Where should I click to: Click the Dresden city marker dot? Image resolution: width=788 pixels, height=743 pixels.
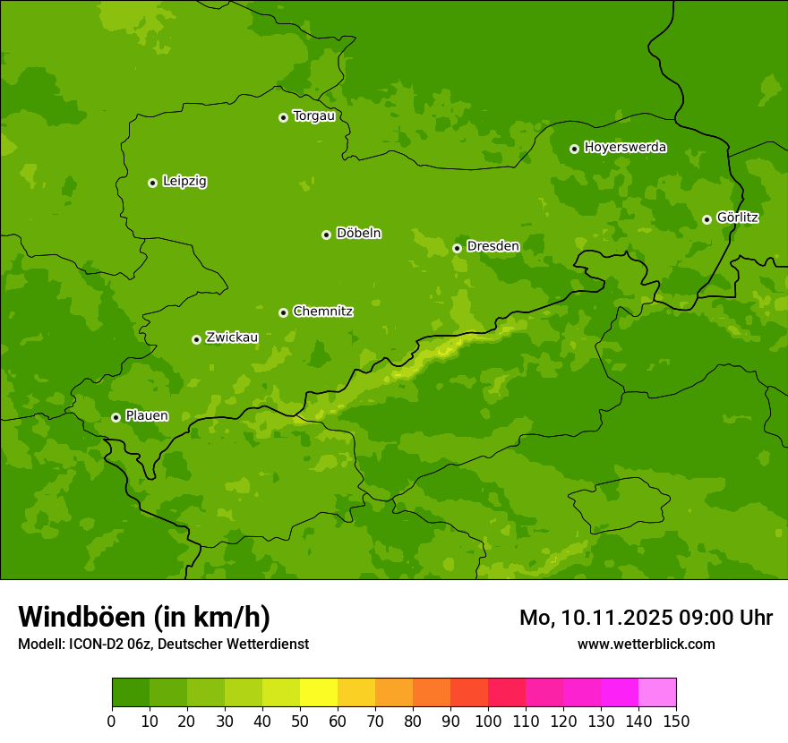(457, 248)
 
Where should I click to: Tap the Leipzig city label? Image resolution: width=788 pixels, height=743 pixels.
(184, 182)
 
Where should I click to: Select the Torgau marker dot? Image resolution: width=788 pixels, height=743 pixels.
(283, 117)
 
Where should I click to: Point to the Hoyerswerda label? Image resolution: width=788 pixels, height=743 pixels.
(625, 148)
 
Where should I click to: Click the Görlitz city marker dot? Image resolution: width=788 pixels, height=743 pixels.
(707, 219)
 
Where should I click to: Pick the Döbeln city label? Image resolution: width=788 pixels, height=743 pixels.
(358, 234)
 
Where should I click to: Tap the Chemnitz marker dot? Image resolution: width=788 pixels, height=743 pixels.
(283, 312)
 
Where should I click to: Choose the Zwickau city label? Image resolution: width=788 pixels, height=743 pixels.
(232, 338)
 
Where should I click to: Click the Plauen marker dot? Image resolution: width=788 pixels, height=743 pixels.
(116, 417)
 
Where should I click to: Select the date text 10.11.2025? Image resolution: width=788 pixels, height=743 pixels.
(619, 618)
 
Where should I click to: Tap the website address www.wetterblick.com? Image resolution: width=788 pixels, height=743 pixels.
(646, 645)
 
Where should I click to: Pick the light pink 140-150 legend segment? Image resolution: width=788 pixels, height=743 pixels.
(657, 693)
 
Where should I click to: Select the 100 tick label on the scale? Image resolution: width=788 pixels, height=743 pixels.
(488, 721)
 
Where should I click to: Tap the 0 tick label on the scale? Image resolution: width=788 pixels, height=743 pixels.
(112, 721)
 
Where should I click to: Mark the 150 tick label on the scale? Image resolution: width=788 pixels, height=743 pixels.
(676, 721)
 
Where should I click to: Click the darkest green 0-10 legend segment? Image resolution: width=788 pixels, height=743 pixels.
(131, 693)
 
